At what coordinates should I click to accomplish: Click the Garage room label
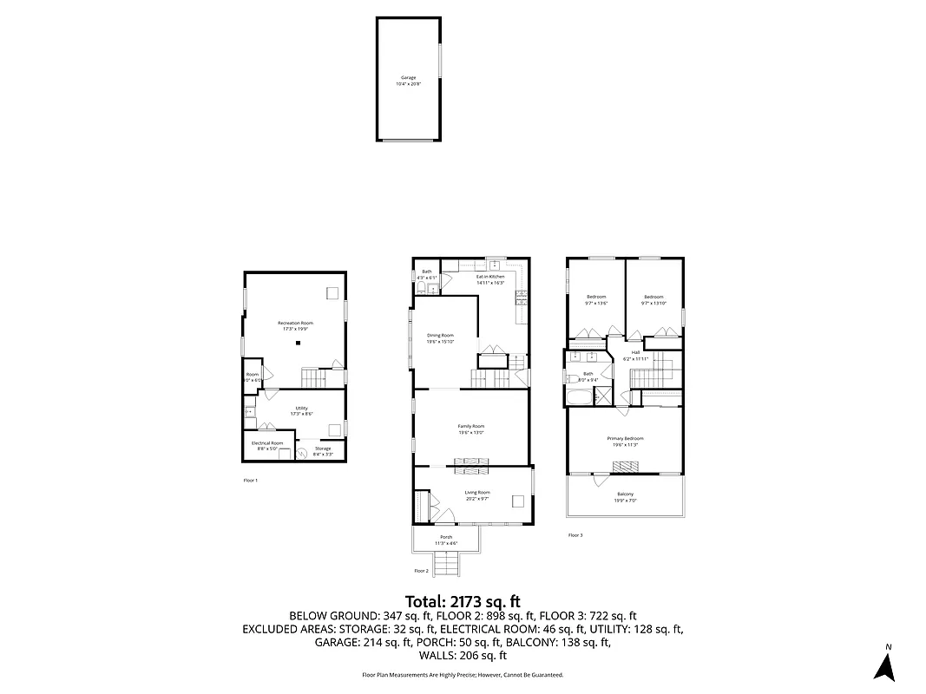[408, 77]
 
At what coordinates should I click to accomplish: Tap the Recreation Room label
[295, 323]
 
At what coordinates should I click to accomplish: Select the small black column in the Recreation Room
[298, 344]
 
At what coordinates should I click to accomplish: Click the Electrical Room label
[267, 442]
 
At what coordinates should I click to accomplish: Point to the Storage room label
[322, 448]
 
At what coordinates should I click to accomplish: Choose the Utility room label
[301, 408]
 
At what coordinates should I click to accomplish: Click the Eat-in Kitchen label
[490, 277]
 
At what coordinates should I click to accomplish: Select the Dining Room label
[440, 335]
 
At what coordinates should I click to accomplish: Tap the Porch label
[446, 537]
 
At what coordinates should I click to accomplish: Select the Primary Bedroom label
[625, 439]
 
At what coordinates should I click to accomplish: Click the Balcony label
[625, 494]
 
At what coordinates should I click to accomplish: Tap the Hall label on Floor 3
[635, 352]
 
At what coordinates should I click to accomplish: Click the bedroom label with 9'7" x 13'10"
[653, 297]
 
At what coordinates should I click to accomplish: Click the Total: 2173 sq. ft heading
[463, 601]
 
